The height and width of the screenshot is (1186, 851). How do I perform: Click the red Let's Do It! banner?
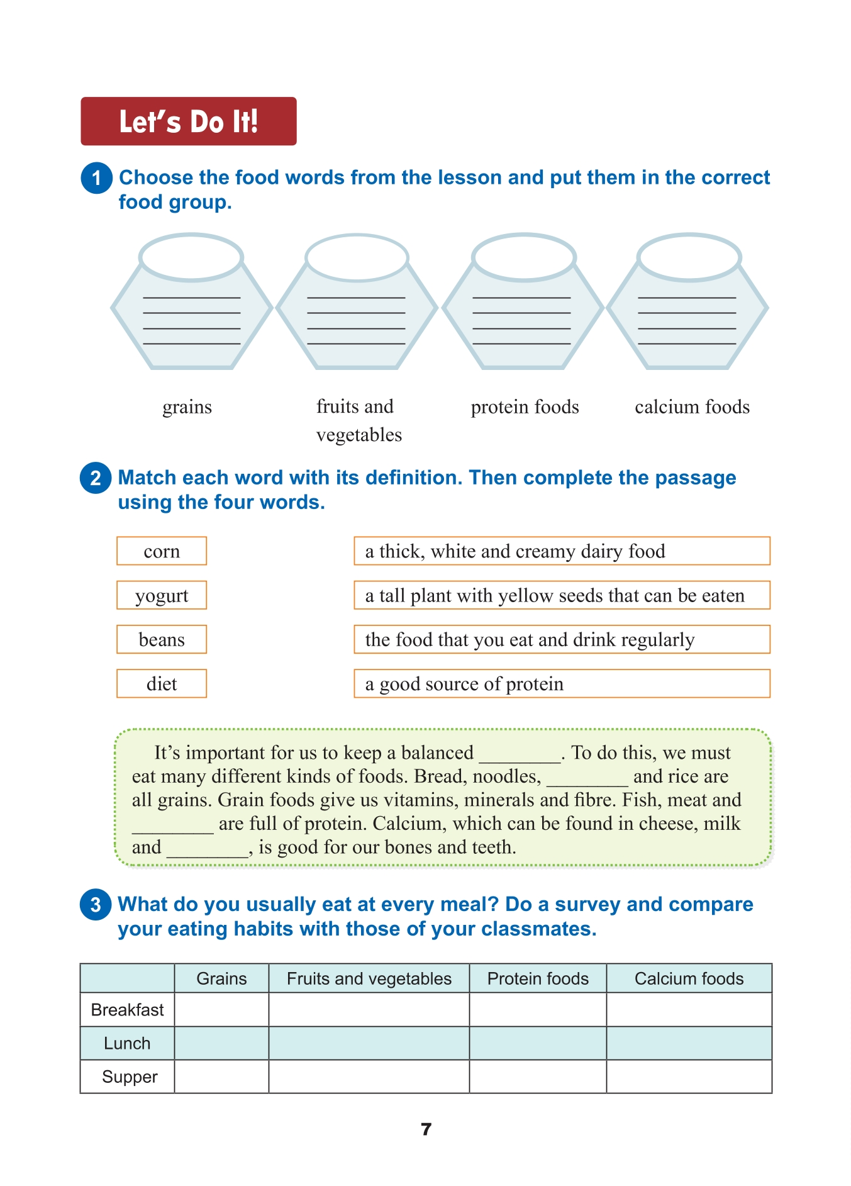coord(188,121)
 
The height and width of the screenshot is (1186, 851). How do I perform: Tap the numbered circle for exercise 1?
coord(96,178)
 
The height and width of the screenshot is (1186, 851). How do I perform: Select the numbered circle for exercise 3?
coord(96,905)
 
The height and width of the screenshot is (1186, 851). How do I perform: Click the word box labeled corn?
coord(162,551)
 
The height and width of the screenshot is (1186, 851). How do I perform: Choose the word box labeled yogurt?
coord(162,595)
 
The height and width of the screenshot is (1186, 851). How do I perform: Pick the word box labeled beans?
coord(162,639)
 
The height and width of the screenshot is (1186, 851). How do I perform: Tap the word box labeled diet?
coord(162,683)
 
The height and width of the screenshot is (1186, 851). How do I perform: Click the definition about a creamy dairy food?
coord(561,551)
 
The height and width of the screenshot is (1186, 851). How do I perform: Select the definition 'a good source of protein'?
coord(561,683)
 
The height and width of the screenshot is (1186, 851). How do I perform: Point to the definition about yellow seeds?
coord(561,595)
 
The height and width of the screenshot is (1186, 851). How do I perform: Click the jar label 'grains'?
coord(187,407)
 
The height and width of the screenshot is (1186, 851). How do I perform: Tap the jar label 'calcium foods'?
coord(692,407)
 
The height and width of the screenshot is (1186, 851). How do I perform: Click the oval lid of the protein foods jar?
coord(524,257)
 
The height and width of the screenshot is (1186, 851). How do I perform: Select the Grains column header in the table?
coord(221,978)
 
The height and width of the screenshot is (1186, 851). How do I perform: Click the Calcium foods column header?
coord(689,978)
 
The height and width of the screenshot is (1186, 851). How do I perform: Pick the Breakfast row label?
coord(127,1010)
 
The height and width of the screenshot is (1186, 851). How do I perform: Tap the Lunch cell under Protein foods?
coord(538,1043)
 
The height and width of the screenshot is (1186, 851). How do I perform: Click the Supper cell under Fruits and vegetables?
coord(369,1077)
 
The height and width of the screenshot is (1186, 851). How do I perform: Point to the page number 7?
coord(426,1129)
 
